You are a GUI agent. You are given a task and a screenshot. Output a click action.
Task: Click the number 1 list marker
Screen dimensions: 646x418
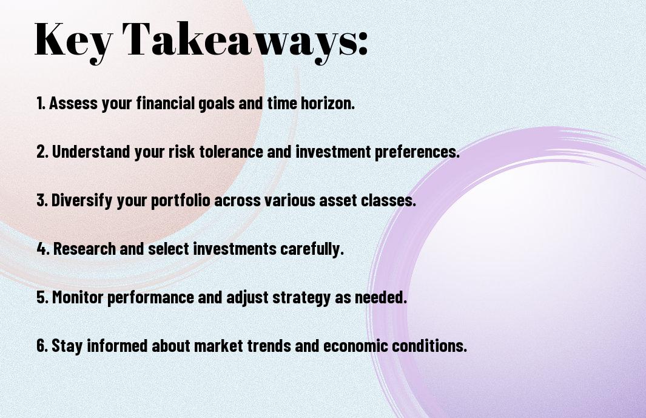click(x=41, y=103)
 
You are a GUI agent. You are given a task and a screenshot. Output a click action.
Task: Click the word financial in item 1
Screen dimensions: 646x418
click(x=166, y=103)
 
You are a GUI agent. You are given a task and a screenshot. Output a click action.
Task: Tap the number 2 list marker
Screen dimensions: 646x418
click(x=42, y=152)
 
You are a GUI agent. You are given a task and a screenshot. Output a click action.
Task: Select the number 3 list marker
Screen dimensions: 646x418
click(x=42, y=200)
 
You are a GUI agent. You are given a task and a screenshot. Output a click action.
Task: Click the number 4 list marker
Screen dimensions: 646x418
click(x=43, y=249)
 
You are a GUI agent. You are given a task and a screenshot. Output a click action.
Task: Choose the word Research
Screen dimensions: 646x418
click(x=84, y=249)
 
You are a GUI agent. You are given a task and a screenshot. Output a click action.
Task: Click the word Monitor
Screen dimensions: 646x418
click(x=78, y=297)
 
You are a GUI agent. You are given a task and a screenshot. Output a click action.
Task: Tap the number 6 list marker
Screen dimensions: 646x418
click(x=42, y=345)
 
